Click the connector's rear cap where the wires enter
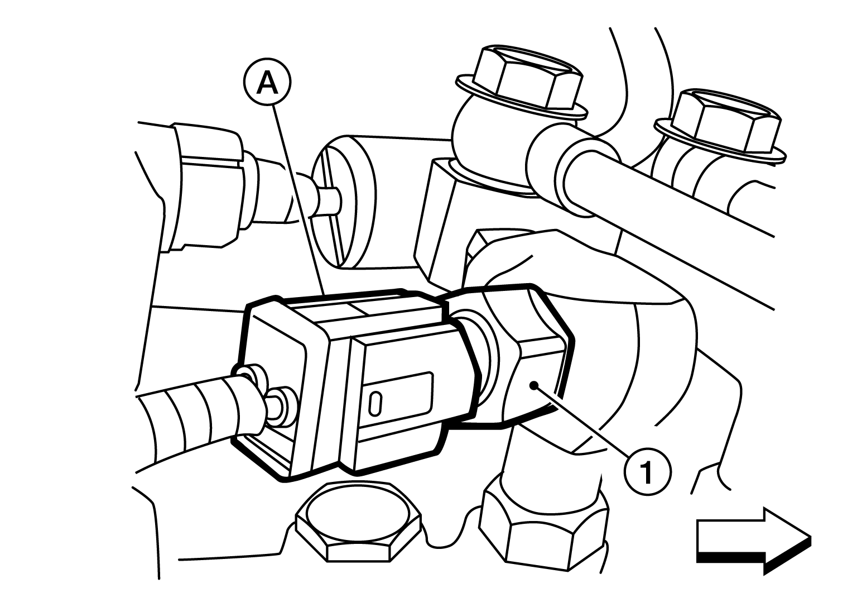coord(273,387)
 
